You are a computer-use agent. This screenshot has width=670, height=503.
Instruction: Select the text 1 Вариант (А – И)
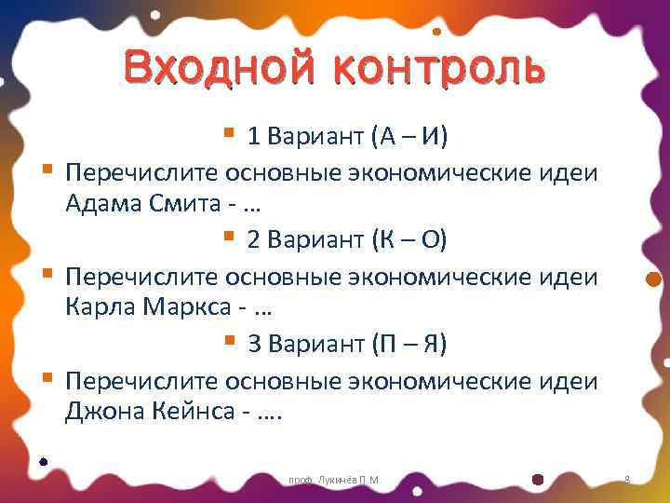(347, 138)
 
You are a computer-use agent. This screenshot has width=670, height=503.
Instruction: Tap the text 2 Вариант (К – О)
(347, 241)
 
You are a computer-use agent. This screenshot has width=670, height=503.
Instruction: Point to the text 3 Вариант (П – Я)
(347, 345)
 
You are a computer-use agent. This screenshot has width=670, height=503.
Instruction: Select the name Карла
(101, 306)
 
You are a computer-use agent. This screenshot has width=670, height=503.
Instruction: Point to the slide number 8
(627, 479)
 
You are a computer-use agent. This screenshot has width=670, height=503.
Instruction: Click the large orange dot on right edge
(653, 279)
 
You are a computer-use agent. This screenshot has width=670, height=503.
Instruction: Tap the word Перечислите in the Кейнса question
(141, 380)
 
